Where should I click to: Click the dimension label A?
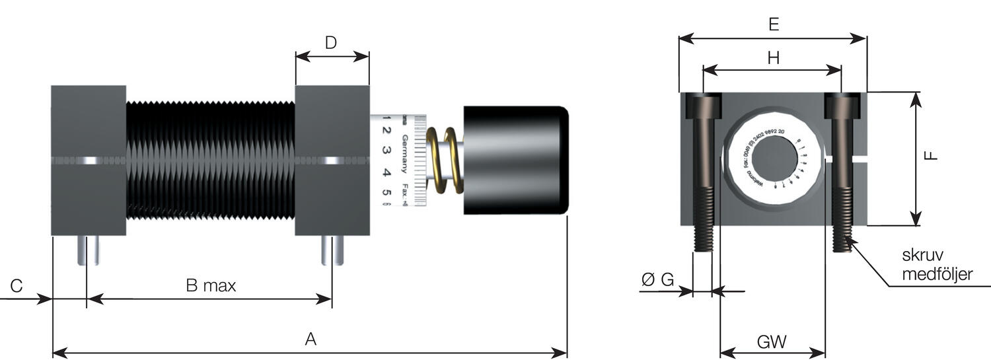tap(311, 340)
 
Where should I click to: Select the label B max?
tap(211, 286)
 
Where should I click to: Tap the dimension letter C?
tap(17, 286)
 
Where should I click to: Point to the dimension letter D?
tap(331, 44)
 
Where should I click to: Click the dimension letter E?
tap(774, 25)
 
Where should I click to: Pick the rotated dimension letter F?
tap(931, 157)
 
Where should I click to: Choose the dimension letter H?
tap(774, 58)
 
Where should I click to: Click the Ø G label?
tap(658, 280)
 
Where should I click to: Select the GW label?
tap(772, 342)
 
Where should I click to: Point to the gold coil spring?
tap(443, 161)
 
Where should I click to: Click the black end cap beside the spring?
tap(515, 160)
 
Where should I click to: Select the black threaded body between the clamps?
tap(210, 161)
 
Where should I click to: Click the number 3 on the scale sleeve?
tap(387, 151)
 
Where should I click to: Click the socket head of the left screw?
tap(702, 106)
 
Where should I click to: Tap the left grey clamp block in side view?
tap(89, 161)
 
